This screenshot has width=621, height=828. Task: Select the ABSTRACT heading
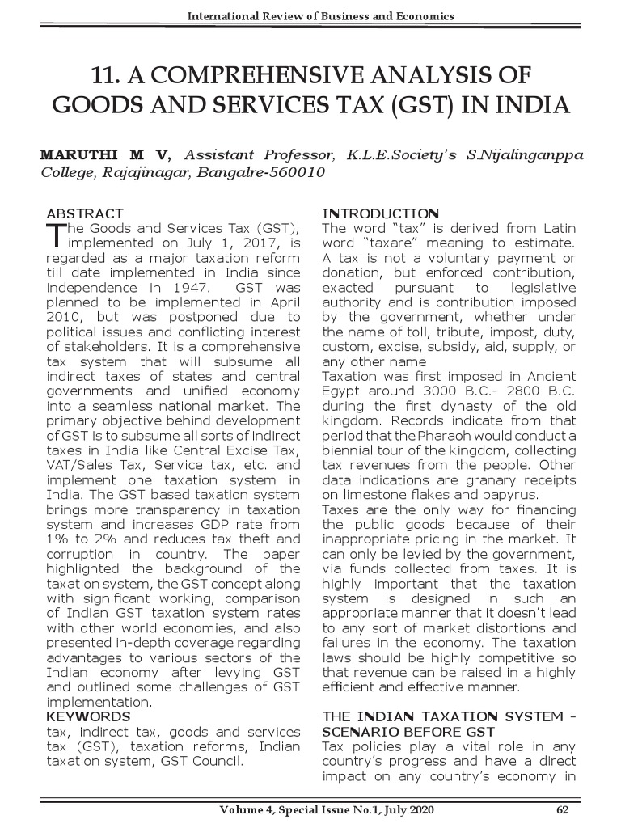pos(85,213)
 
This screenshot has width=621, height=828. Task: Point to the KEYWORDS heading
pos(88,716)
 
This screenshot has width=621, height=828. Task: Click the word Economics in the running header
pos(418,16)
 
